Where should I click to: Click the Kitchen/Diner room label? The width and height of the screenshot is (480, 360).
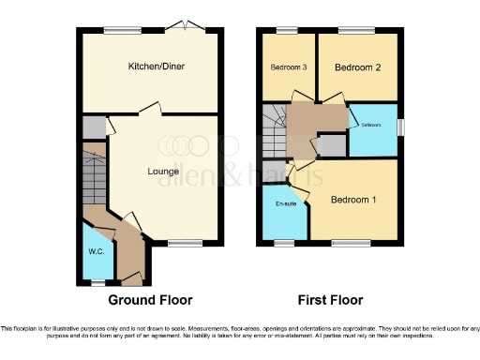149,67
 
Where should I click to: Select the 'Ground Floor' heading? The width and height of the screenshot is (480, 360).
150,300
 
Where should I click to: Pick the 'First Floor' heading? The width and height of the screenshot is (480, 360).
330,300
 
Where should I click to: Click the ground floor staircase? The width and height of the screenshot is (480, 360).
95,178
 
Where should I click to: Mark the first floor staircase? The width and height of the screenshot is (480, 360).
273,132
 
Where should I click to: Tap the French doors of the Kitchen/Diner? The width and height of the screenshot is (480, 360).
191,27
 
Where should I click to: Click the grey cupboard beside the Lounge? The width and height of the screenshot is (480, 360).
93,127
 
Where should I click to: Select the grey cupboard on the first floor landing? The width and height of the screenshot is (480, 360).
331,145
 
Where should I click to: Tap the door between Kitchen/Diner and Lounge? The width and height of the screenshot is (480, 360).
145,112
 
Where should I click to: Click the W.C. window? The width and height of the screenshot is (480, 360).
96,279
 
